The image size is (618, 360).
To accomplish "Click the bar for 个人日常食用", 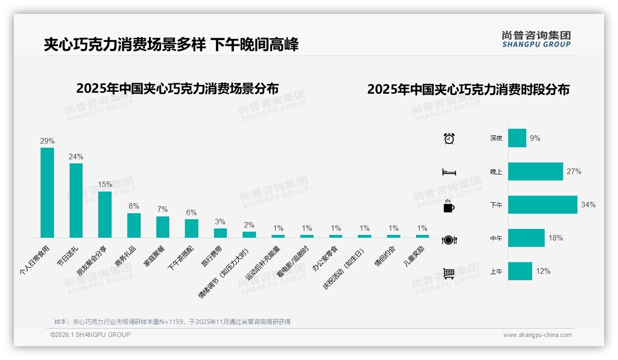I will [47, 192].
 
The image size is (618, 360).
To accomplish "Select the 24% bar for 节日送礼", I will [76, 200].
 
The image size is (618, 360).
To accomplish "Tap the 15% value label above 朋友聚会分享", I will [105, 184].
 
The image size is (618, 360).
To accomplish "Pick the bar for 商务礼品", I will [134, 225].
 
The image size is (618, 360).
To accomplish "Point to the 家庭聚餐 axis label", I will [156, 258].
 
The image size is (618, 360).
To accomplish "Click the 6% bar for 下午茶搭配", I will [191, 228].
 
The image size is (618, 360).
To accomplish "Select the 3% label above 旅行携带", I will [220, 222].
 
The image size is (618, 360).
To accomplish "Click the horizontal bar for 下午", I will [542, 205].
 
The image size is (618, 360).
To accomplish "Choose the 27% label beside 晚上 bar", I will [574, 172].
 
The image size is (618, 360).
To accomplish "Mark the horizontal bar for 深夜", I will [517, 138].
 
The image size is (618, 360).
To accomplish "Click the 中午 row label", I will [496, 239].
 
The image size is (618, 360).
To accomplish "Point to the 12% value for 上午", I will [543, 271].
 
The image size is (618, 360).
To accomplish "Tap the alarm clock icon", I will [449, 138].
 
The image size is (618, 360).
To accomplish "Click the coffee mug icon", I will [449, 206].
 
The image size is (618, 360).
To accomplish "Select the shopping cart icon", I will [449, 273].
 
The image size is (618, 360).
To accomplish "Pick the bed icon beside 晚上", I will [449, 172].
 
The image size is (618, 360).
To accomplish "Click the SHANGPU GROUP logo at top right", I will [536, 39].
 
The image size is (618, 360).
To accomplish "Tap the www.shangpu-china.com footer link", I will [537, 335].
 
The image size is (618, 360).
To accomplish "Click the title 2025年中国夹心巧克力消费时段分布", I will [468, 89].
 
